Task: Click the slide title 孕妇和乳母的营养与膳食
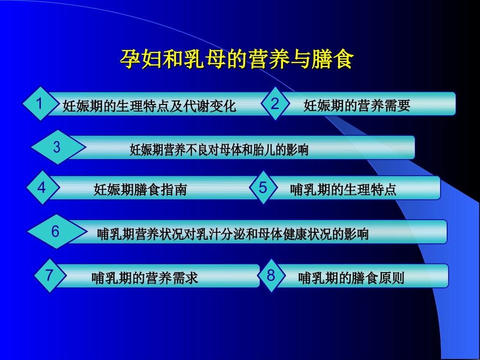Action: pyautogui.click(x=236, y=59)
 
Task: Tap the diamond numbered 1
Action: pyautogui.click(x=39, y=104)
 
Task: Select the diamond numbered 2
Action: pyautogui.click(x=275, y=104)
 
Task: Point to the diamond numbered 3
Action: pyautogui.click(x=57, y=147)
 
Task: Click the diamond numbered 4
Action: pyautogui.click(x=42, y=188)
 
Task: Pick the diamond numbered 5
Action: pyautogui.click(x=263, y=188)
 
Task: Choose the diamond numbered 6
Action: pyautogui.click(x=56, y=232)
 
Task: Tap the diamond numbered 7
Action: pyautogui.click(x=49, y=276)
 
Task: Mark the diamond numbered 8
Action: pyautogui.click(x=271, y=276)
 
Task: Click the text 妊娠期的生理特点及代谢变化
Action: pyautogui.click(x=149, y=106)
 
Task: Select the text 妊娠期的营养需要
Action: pyautogui.click(x=357, y=106)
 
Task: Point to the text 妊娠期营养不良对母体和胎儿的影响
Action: pyautogui.click(x=219, y=150)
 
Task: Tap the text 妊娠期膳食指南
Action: pyautogui.click(x=140, y=190)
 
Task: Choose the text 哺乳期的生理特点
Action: pyautogui.click(x=343, y=190)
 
